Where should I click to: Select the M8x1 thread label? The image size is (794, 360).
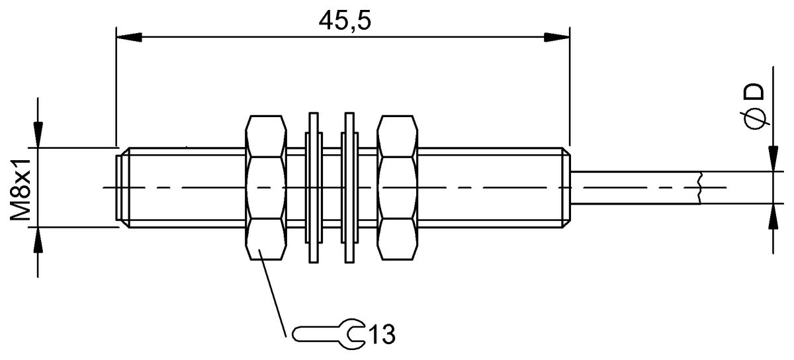pyautogui.click(x=24, y=188)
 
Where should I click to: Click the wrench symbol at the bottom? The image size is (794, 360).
pyautogui.click(x=328, y=332)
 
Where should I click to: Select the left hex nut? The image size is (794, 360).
pyautogui.click(x=266, y=188)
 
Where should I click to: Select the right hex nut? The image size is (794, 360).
pyautogui.click(x=398, y=188)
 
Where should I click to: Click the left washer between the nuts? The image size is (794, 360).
pyautogui.click(x=313, y=188)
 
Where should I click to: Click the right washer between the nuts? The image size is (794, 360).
pyautogui.click(x=349, y=188)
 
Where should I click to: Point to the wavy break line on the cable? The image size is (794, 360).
pyautogui.click(x=699, y=187)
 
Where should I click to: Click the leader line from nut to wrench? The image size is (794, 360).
pyautogui.click(x=273, y=291)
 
